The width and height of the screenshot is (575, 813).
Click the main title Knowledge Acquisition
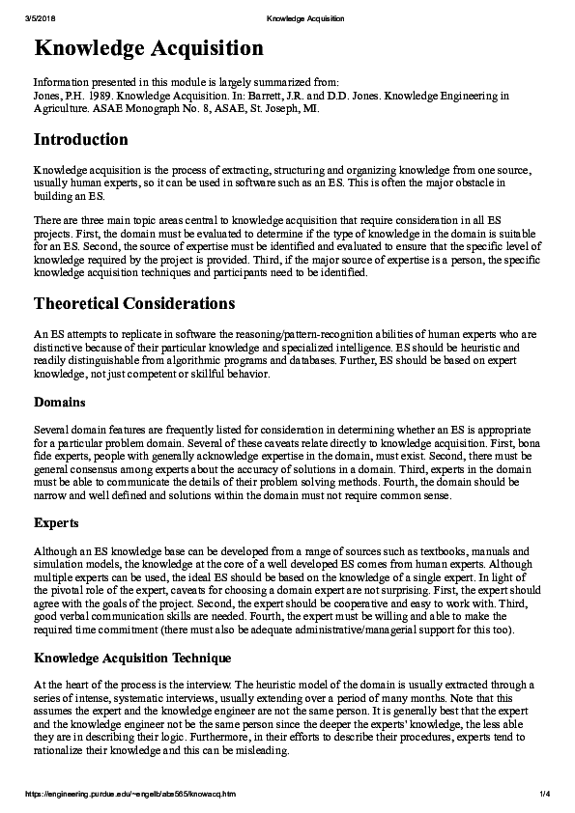click(x=148, y=48)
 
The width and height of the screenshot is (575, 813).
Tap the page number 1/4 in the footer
click(x=544, y=794)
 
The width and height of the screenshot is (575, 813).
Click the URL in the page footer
click(x=129, y=794)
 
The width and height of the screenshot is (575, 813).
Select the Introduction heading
click(x=80, y=140)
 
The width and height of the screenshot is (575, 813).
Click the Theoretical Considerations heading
click(x=134, y=303)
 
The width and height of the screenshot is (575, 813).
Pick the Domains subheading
click(x=60, y=401)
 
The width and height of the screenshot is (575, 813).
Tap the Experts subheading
click(x=57, y=523)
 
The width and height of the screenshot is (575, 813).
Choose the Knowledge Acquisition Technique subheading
click(x=132, y=658)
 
